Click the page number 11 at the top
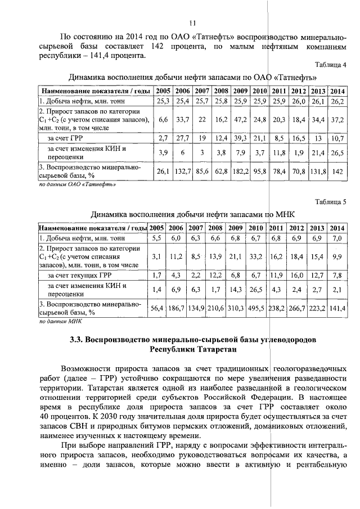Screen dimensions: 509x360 [192, 23]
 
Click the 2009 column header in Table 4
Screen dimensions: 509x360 [241, 91]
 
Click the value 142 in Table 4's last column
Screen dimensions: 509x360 [337, 171]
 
